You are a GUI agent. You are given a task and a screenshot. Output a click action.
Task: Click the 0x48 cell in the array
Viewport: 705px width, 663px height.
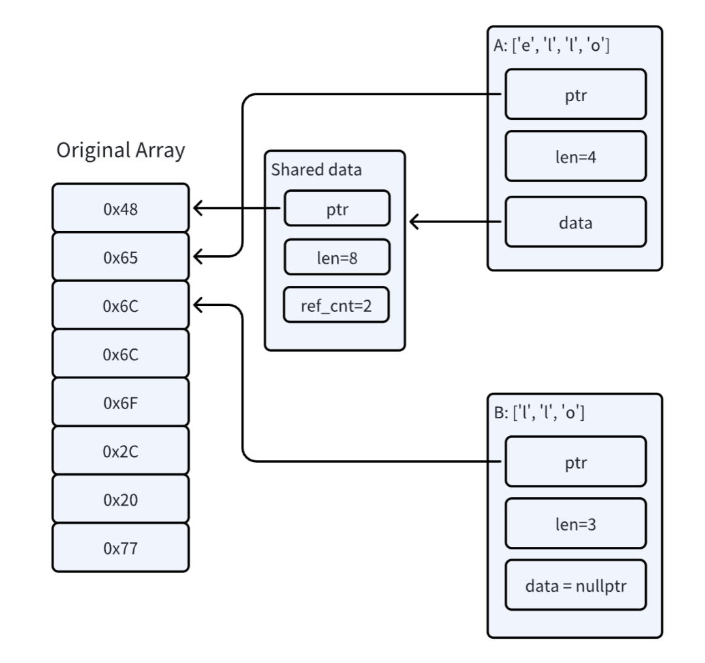(x=121, y=208)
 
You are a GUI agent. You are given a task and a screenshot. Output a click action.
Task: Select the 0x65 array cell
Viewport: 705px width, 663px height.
(x=121, y=256)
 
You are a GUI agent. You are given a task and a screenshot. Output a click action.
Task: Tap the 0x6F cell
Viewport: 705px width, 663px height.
(x=121, y=402)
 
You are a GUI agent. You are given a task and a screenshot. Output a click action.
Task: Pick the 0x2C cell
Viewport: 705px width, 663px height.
(x=121, y=450)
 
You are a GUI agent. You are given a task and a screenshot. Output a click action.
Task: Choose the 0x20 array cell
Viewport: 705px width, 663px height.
(x=121, y=499)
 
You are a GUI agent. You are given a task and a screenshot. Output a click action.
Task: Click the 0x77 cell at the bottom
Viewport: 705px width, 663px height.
(x=121, y=547)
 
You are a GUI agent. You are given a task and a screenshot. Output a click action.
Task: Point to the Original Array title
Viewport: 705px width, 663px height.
(x=121, y=151)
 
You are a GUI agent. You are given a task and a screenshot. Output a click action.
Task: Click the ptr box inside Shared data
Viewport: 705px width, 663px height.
(x=337, y=208)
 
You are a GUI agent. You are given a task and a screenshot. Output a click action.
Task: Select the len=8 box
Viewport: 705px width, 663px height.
(x=337, y=257)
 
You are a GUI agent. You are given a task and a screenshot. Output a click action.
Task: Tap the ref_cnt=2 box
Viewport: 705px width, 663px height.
(x=336, y=305)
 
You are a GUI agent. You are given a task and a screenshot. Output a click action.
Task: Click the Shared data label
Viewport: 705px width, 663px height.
(x=316, y=170)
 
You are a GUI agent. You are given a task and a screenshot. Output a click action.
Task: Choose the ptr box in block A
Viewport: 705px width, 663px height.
(x=576, y=95)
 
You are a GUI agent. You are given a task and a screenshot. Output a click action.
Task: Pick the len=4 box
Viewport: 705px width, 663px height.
(x=576, y=157)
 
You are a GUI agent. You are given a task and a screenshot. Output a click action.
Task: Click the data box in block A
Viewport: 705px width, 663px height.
(x=576, y=222)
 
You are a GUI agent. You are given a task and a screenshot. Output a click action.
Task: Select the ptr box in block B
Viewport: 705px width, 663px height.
(x=576, y=461)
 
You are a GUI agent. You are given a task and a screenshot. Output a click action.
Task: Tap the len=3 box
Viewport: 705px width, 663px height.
(x=576, y=523)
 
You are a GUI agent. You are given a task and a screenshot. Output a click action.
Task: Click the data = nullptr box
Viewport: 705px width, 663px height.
(x=576, y=585)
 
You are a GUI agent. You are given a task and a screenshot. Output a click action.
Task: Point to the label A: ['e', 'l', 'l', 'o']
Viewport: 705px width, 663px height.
(x=552, y=46)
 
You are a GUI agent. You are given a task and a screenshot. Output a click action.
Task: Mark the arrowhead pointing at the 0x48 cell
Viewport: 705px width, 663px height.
(x=198, y=208)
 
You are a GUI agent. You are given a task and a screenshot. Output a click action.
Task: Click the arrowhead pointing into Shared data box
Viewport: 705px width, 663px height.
(x=414, y=222)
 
